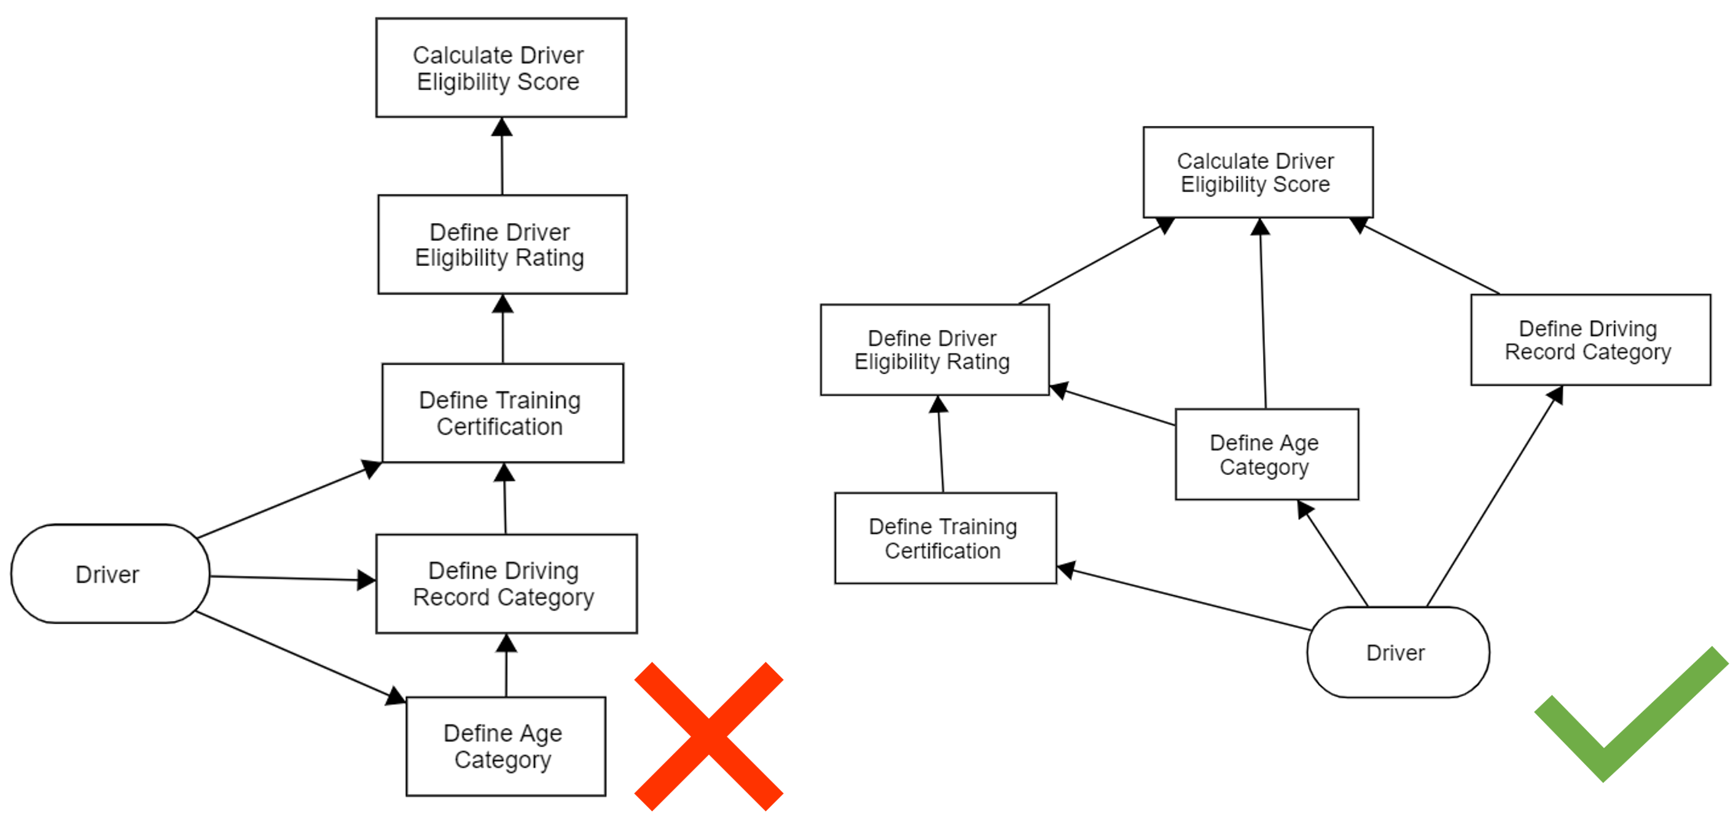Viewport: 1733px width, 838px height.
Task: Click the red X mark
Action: click(x=709, y=737)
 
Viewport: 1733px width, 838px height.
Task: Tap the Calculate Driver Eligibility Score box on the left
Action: click(x=501, y=68)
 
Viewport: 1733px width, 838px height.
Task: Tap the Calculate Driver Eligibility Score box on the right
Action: click(x=1258, y=172)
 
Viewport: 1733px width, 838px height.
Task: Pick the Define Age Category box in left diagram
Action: click(x=505, y=746)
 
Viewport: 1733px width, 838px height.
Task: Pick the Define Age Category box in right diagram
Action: click(x=1266, y=455)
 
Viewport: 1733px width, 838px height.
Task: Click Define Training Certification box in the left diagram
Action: click(x=502, y=413)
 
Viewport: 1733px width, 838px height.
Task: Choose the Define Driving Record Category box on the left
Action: click(x=506, y=584)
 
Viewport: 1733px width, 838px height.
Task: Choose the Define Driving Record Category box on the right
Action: click(x=1590, y=340)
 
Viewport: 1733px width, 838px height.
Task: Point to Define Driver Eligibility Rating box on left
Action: click(x=502, y=245)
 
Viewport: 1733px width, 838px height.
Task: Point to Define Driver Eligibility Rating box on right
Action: click(x=934, y=350)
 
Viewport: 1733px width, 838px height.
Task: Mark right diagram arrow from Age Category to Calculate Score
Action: click(x=1263, y=316)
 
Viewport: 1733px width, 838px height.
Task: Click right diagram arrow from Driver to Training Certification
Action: click(x=1184, y=599)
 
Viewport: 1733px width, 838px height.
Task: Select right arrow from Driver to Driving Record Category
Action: click(x=1493, y=498)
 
